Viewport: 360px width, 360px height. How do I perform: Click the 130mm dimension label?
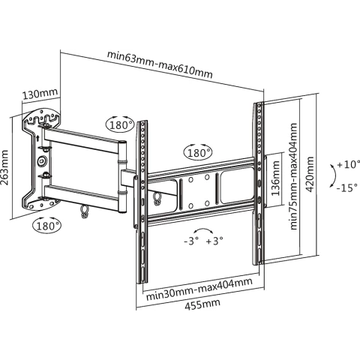point(40,94)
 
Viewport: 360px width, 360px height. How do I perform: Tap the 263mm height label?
point(4,167)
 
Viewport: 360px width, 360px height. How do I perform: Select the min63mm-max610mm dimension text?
point(160,64)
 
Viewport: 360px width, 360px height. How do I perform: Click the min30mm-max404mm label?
point(199,289)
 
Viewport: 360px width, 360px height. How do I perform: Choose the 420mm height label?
point(310,174)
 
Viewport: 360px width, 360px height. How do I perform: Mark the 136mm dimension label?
point(275,178)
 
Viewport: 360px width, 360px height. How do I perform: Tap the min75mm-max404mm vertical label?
point(293,176)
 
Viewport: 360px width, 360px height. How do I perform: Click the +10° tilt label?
point(348,165)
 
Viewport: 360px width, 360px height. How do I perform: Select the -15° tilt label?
point(346,187)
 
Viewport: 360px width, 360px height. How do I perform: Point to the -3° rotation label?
point(191,241)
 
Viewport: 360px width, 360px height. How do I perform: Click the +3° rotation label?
point(214,241)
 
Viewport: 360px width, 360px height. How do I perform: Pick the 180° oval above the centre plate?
point(198,151)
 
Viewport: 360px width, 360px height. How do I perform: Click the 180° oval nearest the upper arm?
point(120,124)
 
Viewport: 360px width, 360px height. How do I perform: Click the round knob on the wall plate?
point(41,160)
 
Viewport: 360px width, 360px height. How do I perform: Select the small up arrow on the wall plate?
point(37,138)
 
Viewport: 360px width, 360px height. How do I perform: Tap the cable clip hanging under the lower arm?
point(85,211)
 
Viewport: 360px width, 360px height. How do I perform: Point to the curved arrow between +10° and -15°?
point(334,175)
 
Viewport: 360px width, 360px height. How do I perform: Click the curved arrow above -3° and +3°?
point(203,229)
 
